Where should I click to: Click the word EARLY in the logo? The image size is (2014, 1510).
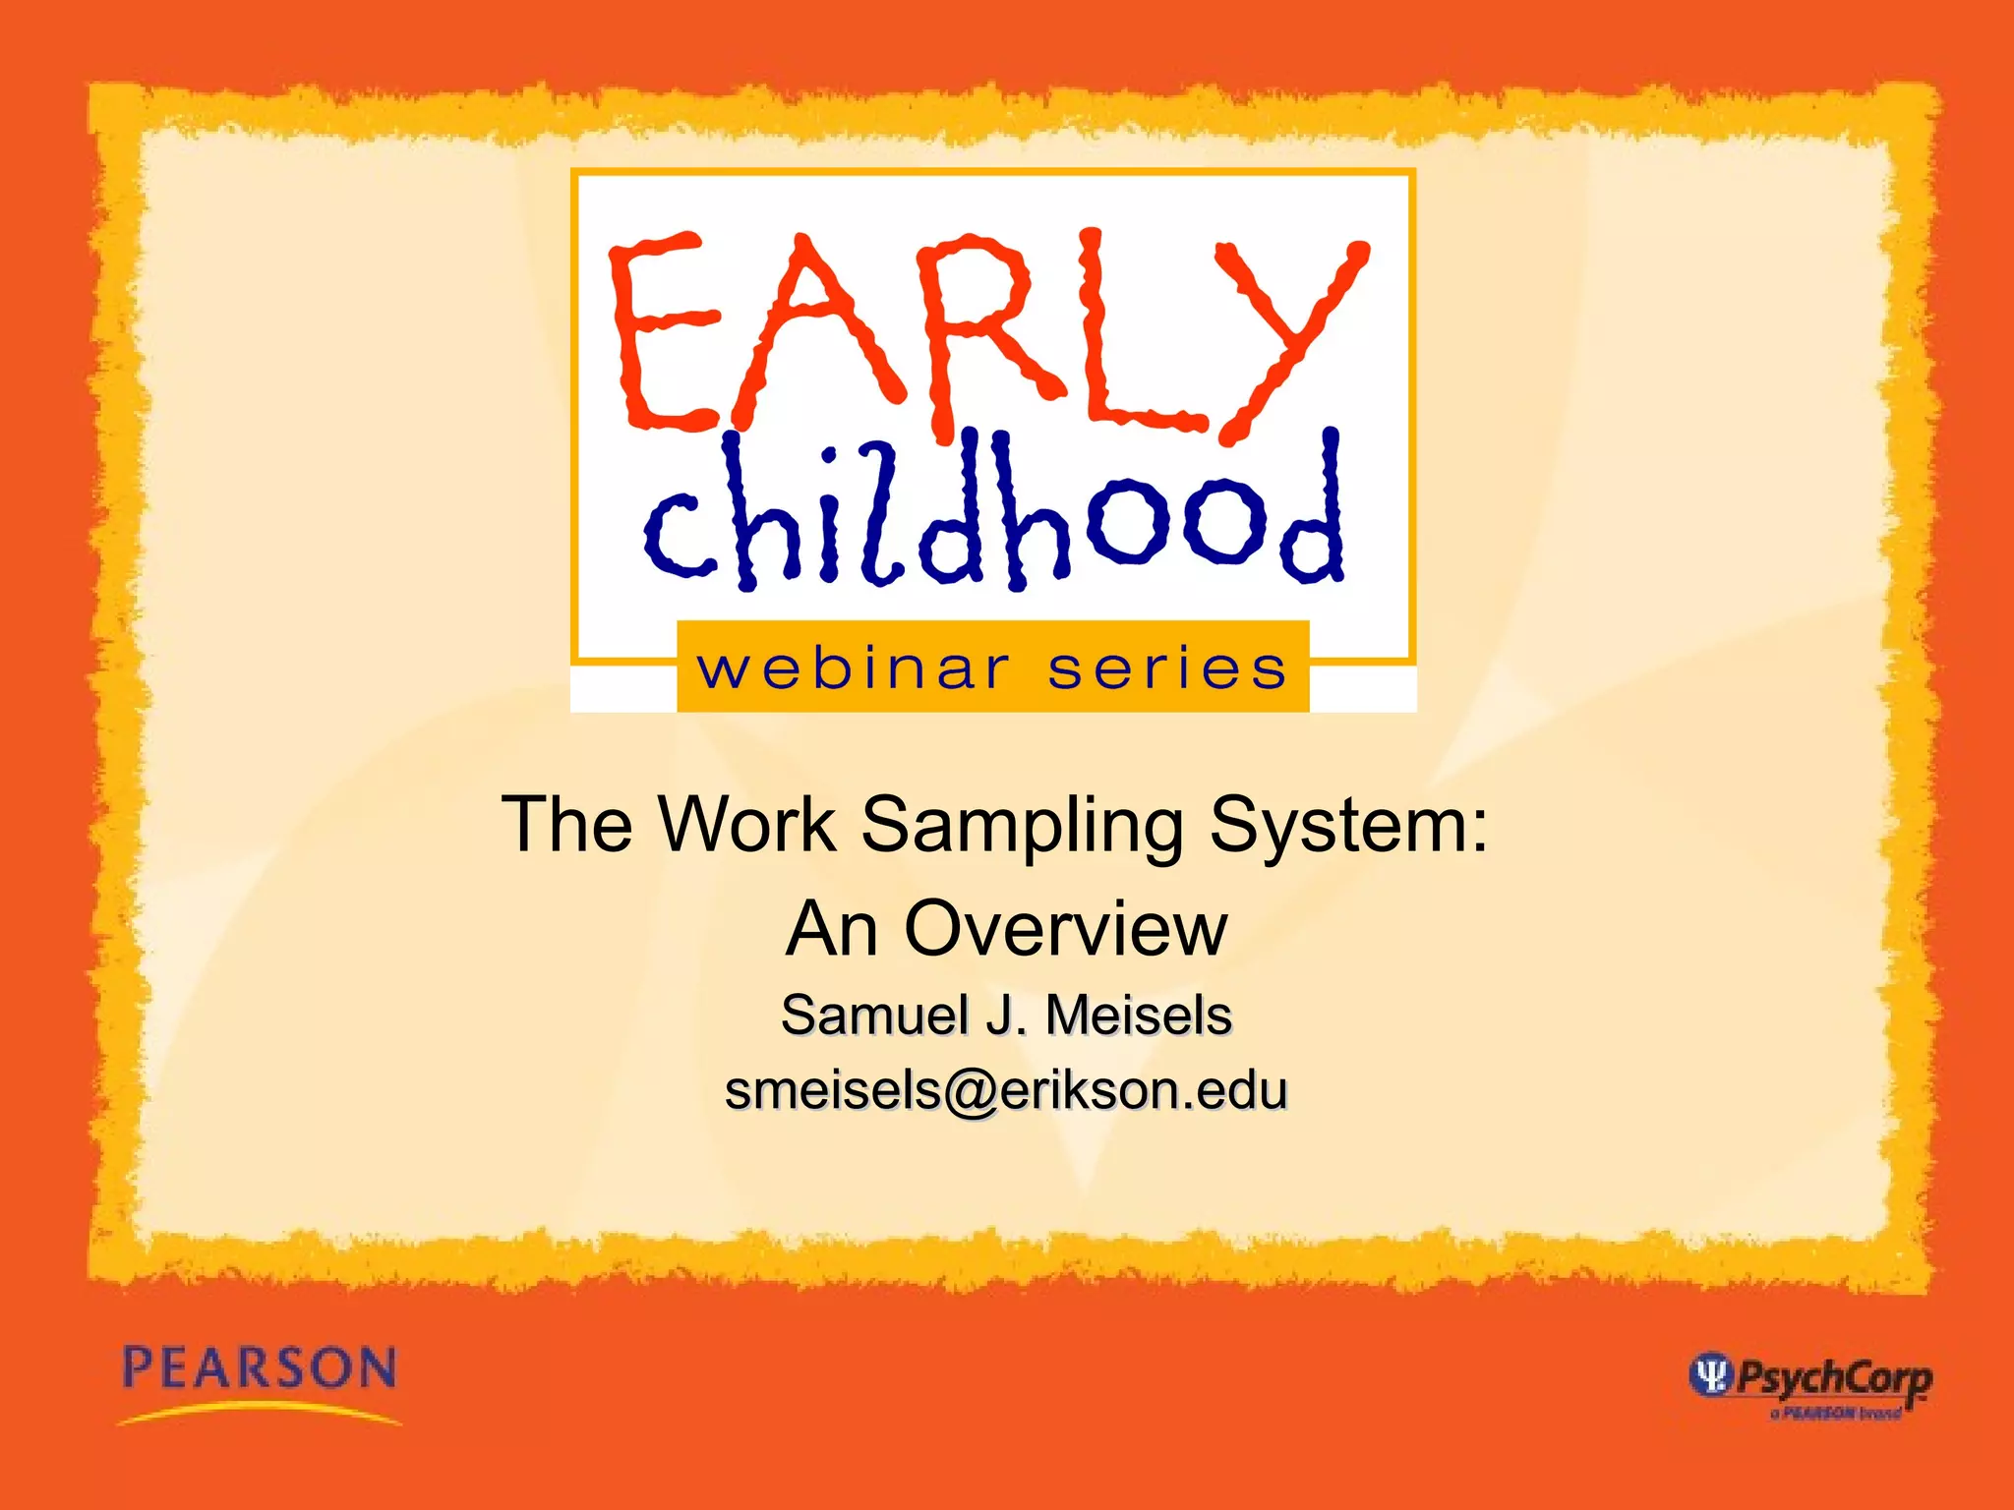coord(988,334)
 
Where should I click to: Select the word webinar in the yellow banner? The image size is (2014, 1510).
coord(853,669)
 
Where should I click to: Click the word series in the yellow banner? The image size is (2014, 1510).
coord(1166,669)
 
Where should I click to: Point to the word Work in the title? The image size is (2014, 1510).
coord(747,824)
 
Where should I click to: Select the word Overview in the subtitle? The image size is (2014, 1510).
coord(1066,928)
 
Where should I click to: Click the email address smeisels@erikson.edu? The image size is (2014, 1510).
coord(1006,1090)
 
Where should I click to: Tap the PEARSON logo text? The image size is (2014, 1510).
coord(260,1368)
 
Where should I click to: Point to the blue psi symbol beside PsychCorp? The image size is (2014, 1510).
coord(1710,1373)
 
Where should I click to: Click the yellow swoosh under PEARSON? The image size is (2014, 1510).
coord(260,1414)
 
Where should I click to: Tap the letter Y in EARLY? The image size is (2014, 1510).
coord(1288,334)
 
